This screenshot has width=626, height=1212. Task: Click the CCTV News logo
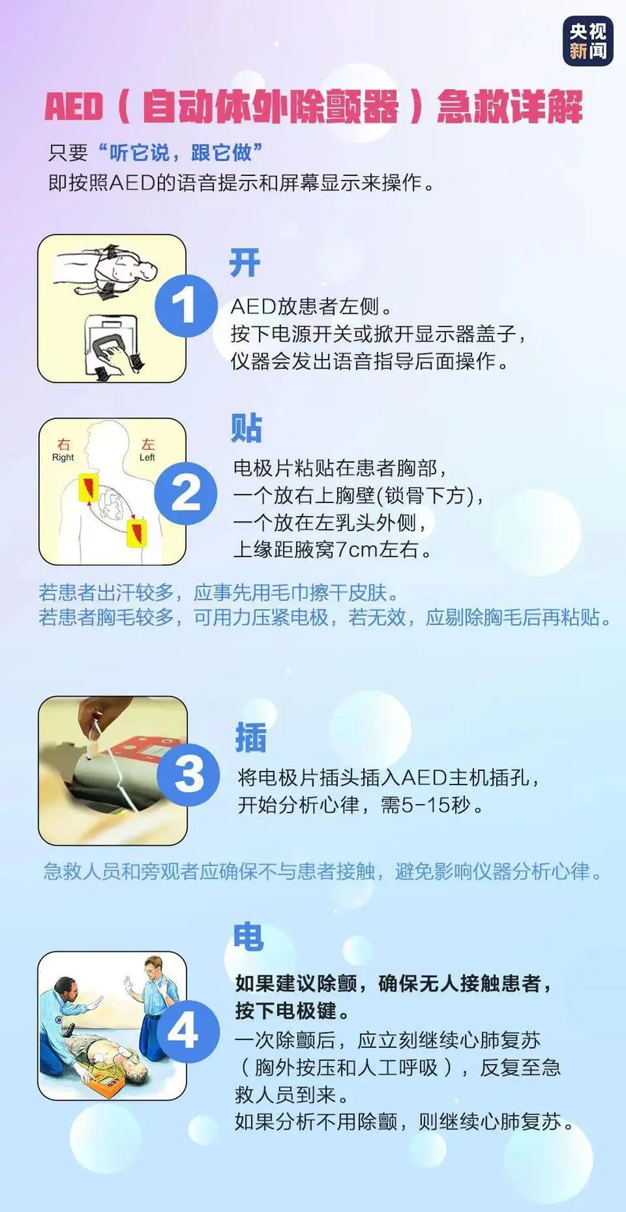pyautogui.click(x=588, y=41)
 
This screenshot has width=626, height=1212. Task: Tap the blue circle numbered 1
pyautogui.click(x=185, y=306)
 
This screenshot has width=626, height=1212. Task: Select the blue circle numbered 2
pyautogui.click(x=185, y=492)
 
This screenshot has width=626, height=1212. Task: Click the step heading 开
pyautogui.click(x=244, y=263)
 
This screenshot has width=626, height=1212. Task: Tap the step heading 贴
pyautogui.click(x=246, y=428)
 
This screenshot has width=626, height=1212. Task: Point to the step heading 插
pyautogui.click(x=251, y=737)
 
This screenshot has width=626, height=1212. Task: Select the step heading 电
pyautogui.click(x=249, y=937)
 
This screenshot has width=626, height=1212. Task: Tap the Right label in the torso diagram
pyautogui.click(x=63, y=457)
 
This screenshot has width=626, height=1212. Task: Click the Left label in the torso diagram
pyautogui.click(x=148, y=457)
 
